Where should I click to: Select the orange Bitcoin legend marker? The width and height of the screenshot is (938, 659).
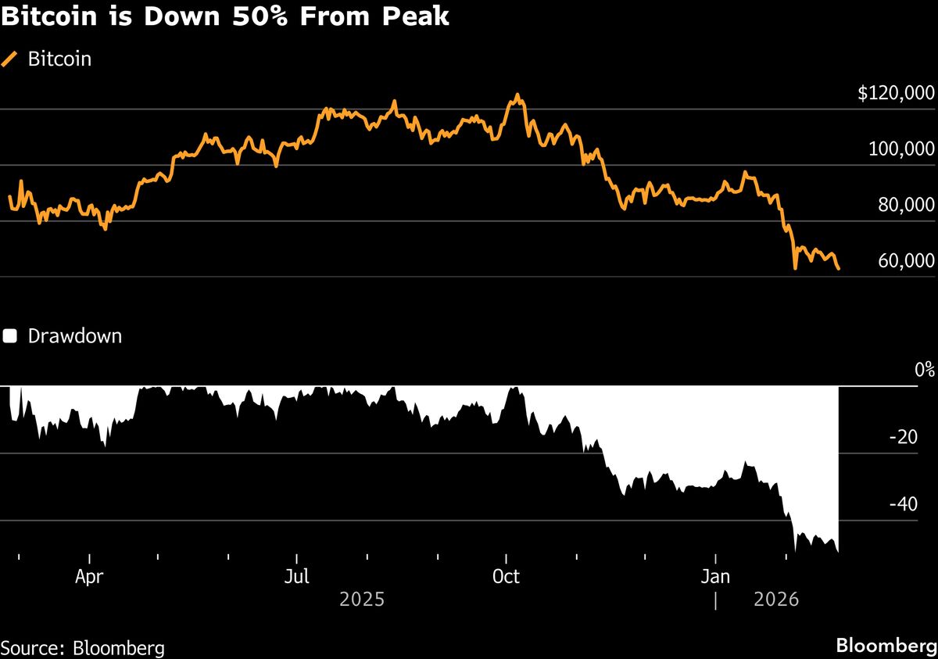(10, 59)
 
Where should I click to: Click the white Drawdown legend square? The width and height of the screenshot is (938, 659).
(10, 337)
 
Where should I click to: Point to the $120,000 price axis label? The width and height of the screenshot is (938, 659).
(896, 94)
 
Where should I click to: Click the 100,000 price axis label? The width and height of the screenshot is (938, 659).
(901, 149)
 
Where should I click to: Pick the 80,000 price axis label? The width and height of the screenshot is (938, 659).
(905, 205)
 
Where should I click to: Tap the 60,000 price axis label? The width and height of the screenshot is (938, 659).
(905, 260)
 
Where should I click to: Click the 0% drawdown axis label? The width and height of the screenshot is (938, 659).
(924, 370)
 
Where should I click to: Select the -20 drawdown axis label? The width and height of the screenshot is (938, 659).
(912, 437)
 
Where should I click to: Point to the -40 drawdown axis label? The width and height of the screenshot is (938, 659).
(912, 504)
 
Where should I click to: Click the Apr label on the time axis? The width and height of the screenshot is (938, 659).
(90, 578)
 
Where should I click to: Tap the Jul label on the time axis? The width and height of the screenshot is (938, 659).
(296, 578)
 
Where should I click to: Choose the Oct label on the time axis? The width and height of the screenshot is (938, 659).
(507, 578)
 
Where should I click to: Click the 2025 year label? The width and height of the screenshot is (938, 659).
(362, 600)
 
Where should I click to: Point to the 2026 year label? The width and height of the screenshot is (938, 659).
(776, 600)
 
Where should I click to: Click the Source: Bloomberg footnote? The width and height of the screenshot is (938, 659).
(82, 647)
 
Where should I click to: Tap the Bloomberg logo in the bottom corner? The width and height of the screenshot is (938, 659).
(885, 646)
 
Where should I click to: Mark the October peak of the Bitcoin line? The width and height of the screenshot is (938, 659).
(516, 96)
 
